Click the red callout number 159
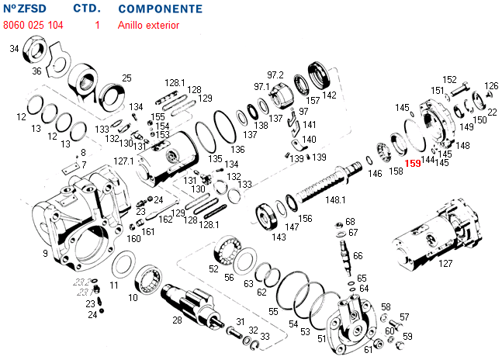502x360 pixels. point(412,164)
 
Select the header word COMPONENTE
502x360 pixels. point(161,9)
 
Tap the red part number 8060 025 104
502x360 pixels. point(33,25)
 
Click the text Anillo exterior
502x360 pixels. point(148,25)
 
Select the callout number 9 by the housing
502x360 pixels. point(46,254)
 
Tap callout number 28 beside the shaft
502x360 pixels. point(177,320)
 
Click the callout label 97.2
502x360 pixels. point(275,74)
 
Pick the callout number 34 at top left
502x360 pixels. point(14,49)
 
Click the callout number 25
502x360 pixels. point(126,78)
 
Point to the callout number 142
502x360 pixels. point(330,95)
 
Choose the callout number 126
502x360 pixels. point(491,86)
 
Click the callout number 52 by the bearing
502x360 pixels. point(213,268)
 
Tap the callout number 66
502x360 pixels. point(358,255)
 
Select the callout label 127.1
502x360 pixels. point(124,161)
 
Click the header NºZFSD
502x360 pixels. point(26,9)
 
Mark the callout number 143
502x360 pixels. point(278,237)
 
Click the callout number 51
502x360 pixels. point(321,339)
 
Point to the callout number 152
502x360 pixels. point(449,80)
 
